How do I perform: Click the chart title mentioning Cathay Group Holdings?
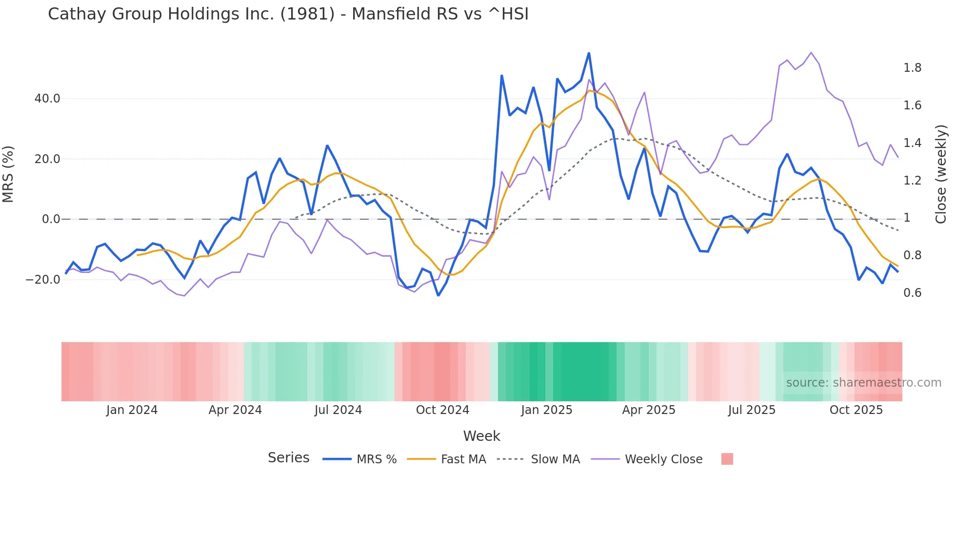[288, 14]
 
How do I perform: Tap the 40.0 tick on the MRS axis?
[47, 99]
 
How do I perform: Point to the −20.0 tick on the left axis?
[43, 280]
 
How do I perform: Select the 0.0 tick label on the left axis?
[51, 219]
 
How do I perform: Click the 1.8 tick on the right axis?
[912, 68]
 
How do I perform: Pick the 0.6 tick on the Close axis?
[912, 293]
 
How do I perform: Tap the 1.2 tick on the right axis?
[912, 181]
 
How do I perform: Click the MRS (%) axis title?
[8, 174]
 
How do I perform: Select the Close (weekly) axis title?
[940, 174]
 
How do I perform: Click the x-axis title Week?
[481, 436]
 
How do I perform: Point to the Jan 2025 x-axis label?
[546, 410]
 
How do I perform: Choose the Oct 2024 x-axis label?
[442, 410]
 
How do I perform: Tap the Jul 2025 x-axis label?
[752, 410]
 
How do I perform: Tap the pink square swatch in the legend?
[727, 459]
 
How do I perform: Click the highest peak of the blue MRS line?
[589, 53]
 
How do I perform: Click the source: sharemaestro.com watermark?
[863, 383]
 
